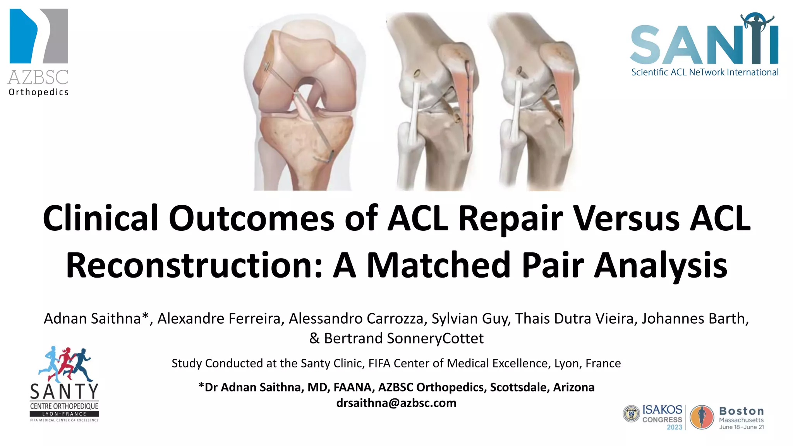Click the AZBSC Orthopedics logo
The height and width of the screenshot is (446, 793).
pyautogui.click(x=39, y=52)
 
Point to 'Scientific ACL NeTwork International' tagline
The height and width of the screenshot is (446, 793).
pyautogui.click(x=705, y=72)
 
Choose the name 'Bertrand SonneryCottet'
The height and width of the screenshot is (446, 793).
pyautogui.click(x=403, y=338)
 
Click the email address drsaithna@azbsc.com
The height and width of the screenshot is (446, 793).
pyautogui.click(x=396, y=403)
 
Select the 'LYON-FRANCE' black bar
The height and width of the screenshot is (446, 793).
pyautogui.click(x=64, y=414)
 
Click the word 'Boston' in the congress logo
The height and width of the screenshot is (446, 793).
pyautogui.click(x=741, y=411)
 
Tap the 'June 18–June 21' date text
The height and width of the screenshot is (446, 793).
pyautogui.click(x=742, y=427)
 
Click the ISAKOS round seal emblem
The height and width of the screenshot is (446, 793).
pyautogui.click(x=631, y=414)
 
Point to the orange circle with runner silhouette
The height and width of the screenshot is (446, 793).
pyautogui.click(x=702, y=417)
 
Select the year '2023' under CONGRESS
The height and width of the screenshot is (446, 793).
pyautogui.click(x=674, y=427)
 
